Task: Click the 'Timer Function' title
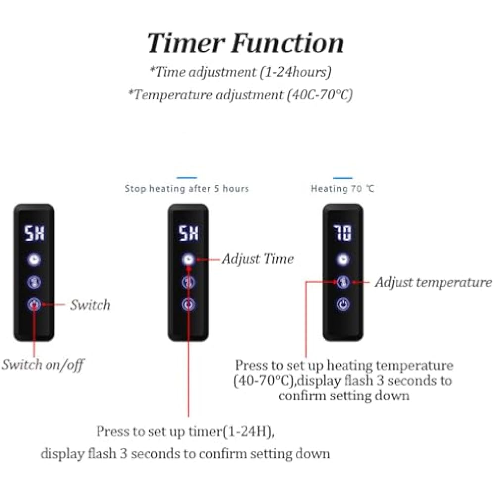[246, 43]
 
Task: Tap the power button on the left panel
[34, 304]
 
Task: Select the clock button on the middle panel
[188, 259]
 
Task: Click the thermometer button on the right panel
[343, 282]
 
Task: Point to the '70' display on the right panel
[343, 233]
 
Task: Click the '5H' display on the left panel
[34, 233]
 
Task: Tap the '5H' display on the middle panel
[188, 233]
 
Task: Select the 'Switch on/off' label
[43, 365]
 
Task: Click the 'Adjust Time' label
[257, 259]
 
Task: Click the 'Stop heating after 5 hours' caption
[187, 189]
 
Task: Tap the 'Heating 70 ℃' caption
[343, 189]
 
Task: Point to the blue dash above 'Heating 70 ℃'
[343, 178]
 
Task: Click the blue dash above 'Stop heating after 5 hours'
[187, 178]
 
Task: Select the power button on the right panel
[343, 304]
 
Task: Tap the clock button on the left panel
[34, 259]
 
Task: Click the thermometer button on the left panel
[34, 282]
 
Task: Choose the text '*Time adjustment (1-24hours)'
[241, 72]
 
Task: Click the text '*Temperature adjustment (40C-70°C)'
[241, 94]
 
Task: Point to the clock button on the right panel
[343, 259]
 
